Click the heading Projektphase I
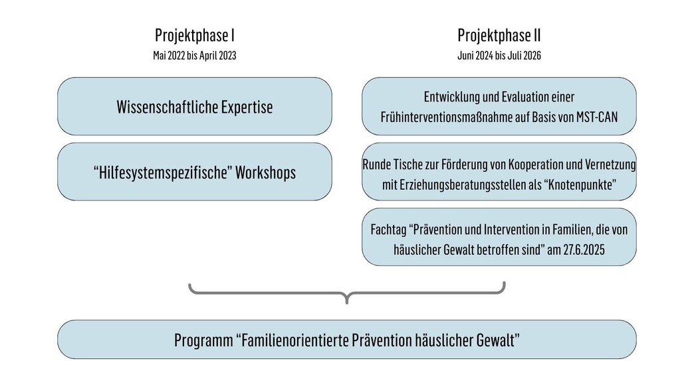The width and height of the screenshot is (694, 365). click(195, 35)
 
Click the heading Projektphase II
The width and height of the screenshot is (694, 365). click(499, 35)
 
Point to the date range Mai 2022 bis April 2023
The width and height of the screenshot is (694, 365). click(195, 56)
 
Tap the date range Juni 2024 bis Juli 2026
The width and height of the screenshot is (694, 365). click(499, 56)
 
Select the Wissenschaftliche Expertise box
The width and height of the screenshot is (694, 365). click(195, 106)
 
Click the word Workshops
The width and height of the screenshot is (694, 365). click(265, 173)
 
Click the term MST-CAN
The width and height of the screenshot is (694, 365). click(597, 117)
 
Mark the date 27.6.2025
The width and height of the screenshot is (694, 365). click(584, 250)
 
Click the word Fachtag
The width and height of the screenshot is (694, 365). click(388, 230)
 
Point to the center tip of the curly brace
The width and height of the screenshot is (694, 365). click(346, 303)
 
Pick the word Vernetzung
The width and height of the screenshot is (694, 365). click(610, 165)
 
